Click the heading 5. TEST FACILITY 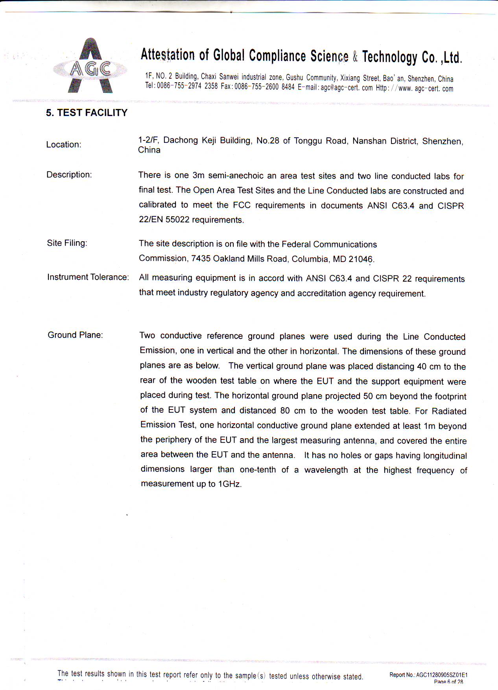coord(87,113)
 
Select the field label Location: coord(64,144)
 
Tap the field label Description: coord(69,175)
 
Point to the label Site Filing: coord(67,243)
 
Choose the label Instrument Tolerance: coord(88,277)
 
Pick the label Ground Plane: coord(75,335)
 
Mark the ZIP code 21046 coord(360,259)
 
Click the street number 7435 coord(201,258)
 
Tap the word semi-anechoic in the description coord(236,175)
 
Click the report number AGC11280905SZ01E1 coord(441,675)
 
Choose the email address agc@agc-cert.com coord(347,88)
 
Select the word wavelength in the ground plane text coord(326,470)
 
